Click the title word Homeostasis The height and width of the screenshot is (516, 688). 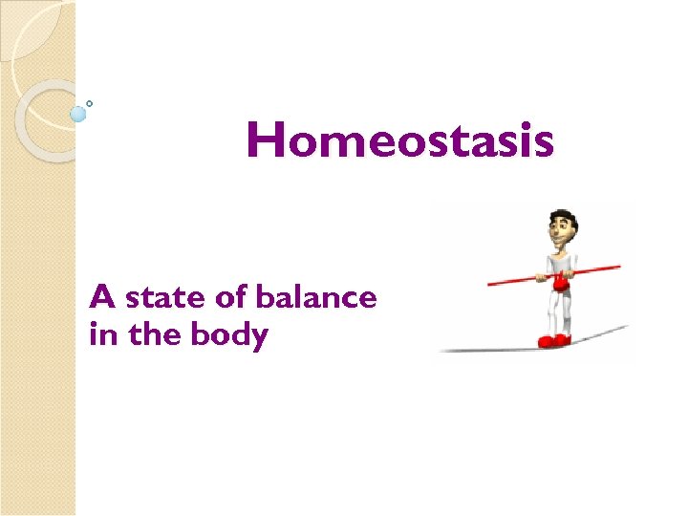point(399,140)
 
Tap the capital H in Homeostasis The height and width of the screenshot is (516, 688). point(266,140)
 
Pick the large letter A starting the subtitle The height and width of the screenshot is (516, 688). point(102,297)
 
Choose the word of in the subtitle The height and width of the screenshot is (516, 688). point(231,298)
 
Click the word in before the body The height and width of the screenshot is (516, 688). point(99,335)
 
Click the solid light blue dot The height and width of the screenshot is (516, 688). point(77,114)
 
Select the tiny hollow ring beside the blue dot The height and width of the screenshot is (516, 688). point(90,103)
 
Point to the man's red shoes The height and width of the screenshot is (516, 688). point(553,339)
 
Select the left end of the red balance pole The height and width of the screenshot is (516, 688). point(491,283)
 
